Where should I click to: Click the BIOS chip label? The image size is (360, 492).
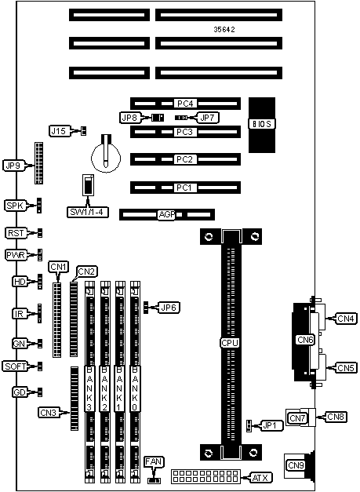262,124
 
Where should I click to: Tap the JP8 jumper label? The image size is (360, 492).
129,118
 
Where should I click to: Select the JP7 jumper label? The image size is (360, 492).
207,118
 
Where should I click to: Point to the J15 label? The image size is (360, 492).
58,130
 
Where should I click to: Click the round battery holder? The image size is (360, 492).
106,157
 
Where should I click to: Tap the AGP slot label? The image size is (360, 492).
166,215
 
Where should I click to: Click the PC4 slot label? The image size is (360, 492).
185,104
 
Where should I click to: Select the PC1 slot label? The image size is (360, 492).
184,188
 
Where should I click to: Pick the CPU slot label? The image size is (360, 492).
230,343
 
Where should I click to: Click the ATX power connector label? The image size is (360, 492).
260,478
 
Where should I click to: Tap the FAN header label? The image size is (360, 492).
154,462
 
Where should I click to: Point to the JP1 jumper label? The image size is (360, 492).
269,426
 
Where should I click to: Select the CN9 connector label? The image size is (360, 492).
296,465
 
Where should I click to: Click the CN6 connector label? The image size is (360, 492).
305,340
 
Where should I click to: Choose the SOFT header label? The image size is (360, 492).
15,366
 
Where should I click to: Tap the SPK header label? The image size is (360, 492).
15,206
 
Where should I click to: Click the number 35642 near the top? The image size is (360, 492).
224,30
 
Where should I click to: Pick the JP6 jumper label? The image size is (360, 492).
169,308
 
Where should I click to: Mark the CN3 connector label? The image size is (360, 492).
49,412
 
